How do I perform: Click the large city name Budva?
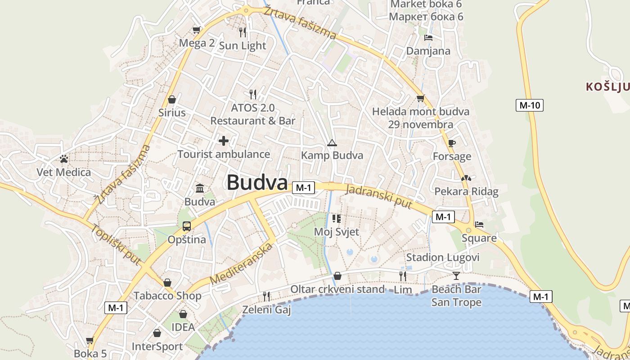pos(257,183)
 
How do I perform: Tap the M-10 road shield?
pos(530,105)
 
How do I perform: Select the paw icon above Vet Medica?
pos(64,159)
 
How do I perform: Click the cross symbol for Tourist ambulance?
pos(224,141)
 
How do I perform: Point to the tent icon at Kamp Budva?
pos(332,143)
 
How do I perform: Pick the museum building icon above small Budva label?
pos(200,188)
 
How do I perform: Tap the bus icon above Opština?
pos(187,226)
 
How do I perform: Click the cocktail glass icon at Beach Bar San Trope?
pos(456,275)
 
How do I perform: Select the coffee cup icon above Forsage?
pos(452,143)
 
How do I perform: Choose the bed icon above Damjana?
pos(428,37)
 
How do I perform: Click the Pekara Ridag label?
pos(466,191)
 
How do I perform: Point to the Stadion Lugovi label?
pos(443,257)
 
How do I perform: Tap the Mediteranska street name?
pos(242,264)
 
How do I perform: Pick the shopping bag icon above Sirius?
pos(171,99)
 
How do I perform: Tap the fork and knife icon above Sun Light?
pos(243,32)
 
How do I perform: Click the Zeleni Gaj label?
pos(266,310)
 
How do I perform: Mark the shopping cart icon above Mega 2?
pos(196,30)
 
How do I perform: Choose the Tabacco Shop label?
pos(167,296)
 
